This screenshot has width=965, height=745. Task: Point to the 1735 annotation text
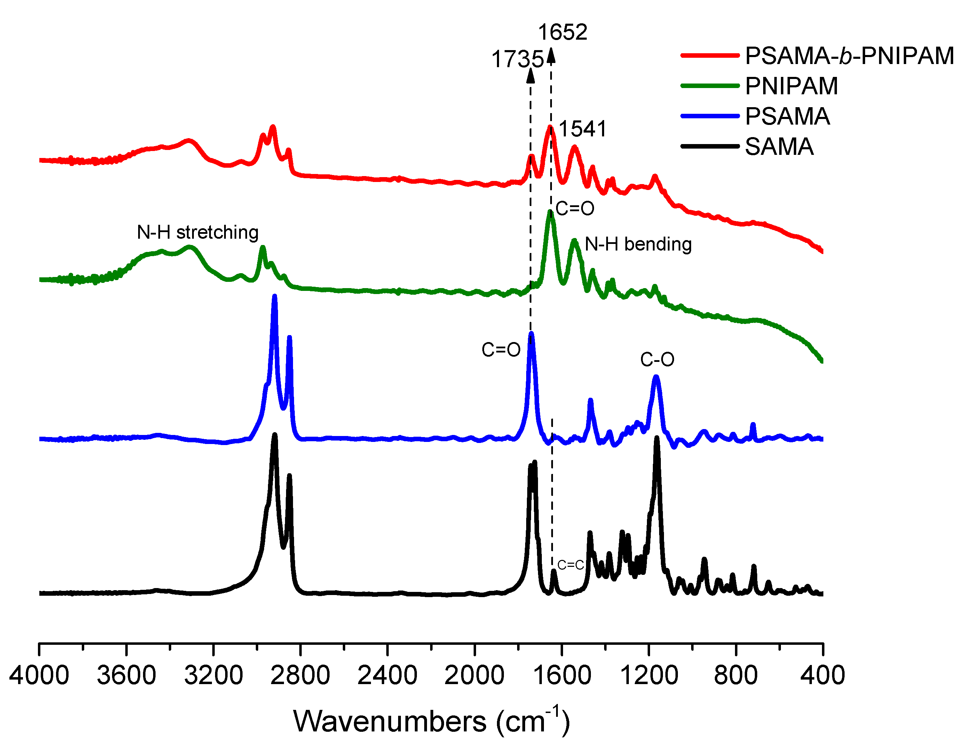(x=517, y=59)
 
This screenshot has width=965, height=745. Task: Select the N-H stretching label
(x=198, y=232)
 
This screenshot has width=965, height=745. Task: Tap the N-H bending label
(x=638, y=244)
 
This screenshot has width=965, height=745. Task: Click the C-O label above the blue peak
(x=657, y=360)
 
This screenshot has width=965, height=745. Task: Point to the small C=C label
(x=570, y=565)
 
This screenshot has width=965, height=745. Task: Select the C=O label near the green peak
(x=575, y=208)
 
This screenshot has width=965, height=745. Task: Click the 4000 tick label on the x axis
(x=39, y=675)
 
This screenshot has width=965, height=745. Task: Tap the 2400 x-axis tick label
(x=387, y=675)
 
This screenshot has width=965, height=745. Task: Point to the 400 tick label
(x=822, y=675)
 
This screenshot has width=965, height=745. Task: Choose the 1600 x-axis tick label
(x=561, y=675)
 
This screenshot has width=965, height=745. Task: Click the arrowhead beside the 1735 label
(x=531, y=75)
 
